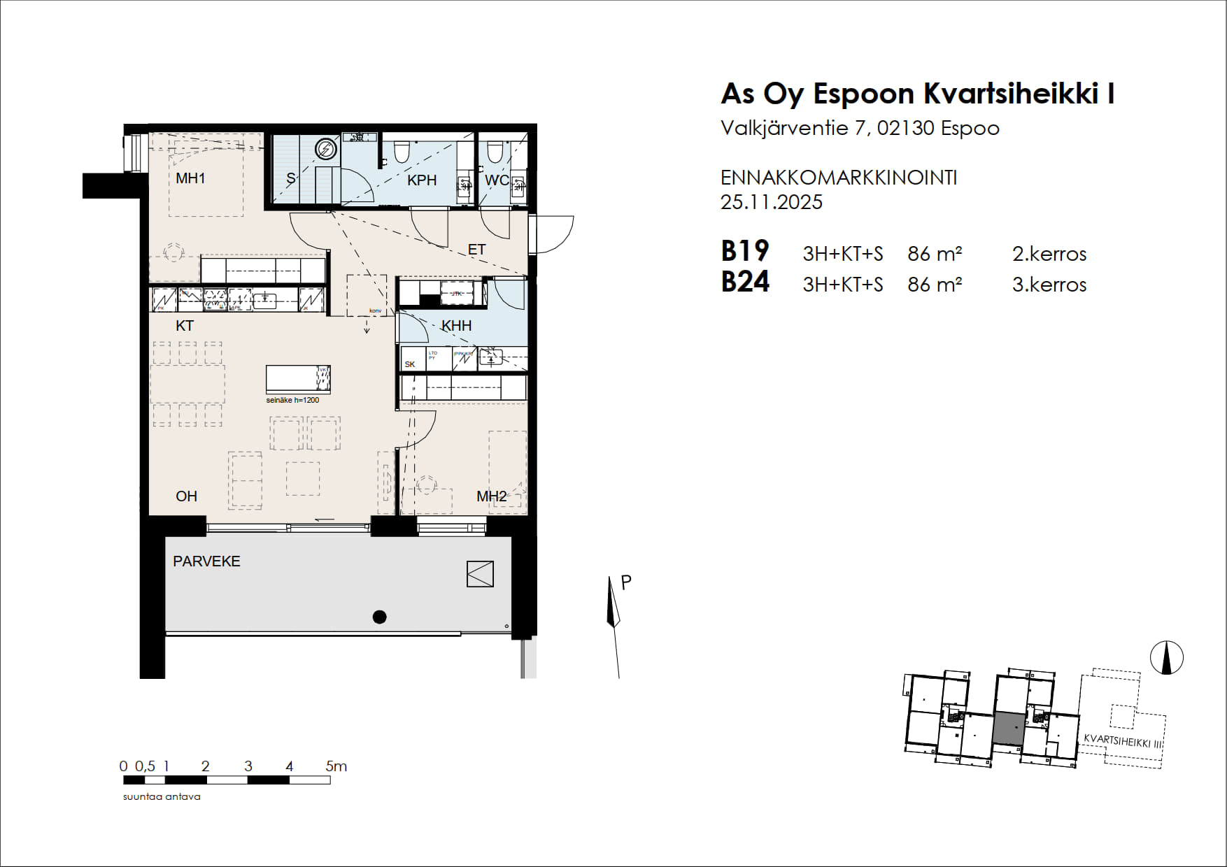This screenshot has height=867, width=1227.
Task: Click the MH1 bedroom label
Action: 190,178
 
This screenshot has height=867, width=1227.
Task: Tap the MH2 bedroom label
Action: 491,496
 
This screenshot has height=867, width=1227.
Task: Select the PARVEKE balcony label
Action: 206,561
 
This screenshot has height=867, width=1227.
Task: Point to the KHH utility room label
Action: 456,326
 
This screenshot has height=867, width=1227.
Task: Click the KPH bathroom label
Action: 422,180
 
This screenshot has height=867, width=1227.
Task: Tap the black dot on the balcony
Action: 379,617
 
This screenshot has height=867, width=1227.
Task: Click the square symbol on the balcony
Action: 480,574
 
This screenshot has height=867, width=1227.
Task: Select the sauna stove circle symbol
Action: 325,149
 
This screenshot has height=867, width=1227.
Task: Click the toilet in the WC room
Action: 495,151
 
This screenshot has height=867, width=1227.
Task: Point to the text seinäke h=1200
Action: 292,401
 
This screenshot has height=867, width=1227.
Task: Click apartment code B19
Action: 745,251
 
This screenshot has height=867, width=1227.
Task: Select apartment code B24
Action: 745,282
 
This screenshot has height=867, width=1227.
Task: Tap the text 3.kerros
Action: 1049,285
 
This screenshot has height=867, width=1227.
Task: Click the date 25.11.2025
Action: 771,203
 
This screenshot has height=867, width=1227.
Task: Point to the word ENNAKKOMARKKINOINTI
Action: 838,178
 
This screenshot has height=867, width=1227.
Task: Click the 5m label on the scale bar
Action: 336,766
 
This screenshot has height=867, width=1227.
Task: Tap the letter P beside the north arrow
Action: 626,582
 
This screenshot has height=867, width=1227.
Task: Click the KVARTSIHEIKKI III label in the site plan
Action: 1122,741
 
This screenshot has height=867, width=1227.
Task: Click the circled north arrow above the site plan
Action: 1166,658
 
